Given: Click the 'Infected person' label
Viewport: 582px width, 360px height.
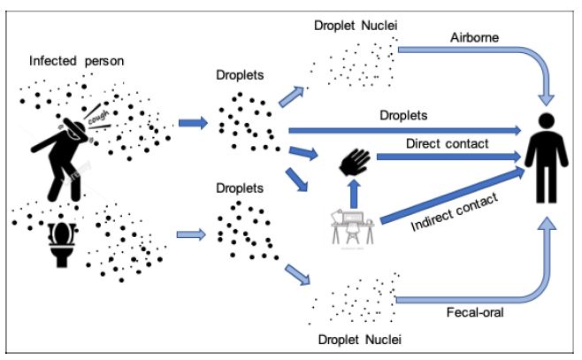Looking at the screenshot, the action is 76,61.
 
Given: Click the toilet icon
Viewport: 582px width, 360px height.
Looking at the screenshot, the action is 62,243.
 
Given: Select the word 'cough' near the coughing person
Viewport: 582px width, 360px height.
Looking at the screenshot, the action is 98,117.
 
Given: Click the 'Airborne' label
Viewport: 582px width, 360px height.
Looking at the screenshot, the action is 474,37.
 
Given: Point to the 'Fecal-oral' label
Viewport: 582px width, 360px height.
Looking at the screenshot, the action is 475,312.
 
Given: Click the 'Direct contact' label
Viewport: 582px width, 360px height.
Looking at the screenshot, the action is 447,143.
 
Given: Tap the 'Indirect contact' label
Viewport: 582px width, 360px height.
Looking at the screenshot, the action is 455,212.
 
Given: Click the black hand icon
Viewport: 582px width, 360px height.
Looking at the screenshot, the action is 355,162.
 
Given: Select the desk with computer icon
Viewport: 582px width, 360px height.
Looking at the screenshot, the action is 353,228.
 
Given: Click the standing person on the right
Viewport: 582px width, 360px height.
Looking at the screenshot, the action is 546,158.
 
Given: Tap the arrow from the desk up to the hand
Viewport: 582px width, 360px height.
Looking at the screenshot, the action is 355,194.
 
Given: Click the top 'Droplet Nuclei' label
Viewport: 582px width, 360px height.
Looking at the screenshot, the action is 356,26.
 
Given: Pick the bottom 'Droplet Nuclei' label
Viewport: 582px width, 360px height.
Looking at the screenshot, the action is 360,340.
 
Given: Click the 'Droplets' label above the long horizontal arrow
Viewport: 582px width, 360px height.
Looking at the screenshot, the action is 403,115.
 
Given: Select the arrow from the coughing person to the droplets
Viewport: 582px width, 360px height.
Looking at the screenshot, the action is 193,123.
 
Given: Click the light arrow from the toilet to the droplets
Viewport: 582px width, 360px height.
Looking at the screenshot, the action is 191,234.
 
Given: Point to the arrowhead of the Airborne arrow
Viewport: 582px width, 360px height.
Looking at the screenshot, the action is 547,99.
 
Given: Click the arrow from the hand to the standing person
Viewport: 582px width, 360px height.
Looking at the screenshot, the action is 448,157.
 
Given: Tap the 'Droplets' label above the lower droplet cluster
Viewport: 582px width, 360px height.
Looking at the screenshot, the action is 240,188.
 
